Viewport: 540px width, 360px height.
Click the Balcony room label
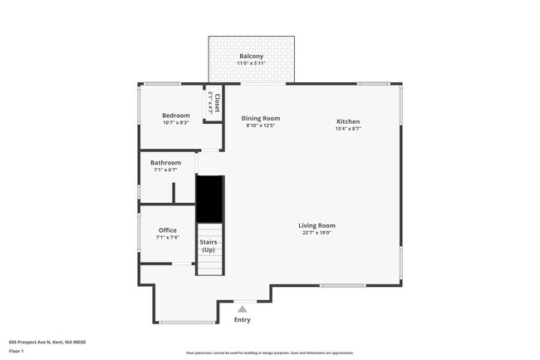251,56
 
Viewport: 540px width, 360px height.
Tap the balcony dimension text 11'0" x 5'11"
251,64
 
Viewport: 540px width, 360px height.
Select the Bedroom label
176,115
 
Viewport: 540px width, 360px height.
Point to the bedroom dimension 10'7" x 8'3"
176,123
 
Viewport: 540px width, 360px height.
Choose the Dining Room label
260,118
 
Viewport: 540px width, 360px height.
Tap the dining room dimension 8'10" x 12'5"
260,126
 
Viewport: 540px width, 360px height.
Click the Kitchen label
348,121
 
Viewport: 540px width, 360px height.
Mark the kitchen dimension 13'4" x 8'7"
348,129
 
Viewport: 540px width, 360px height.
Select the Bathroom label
165,162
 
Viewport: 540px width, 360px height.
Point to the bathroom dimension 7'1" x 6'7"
165,170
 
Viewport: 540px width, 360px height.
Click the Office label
168,230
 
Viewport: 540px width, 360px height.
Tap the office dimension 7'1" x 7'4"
168,238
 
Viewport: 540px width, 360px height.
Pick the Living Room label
317,224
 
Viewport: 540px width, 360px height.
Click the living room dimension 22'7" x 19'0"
317,233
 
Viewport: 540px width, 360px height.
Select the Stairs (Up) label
209,246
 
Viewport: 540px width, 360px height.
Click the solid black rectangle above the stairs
209,199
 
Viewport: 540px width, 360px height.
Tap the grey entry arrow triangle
243,308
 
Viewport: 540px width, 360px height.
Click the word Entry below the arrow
243,320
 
